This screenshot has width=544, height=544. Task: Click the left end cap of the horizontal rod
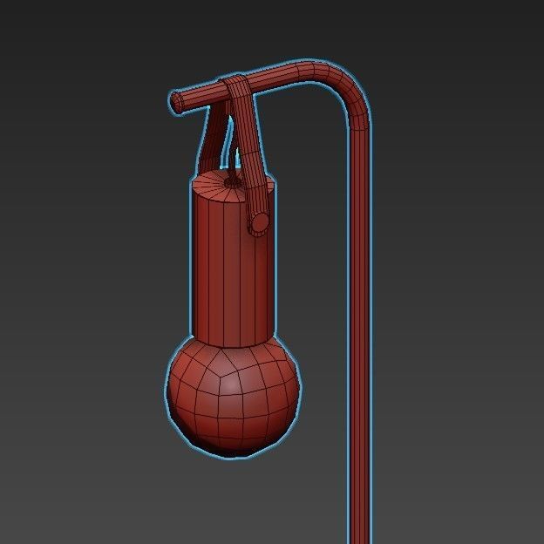pyautogui.click(x=177, y=102)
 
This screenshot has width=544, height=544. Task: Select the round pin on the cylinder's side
pyautogui.click(x=258, y=223)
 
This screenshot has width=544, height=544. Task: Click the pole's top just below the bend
pyautogui.click(x=359, y=131)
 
